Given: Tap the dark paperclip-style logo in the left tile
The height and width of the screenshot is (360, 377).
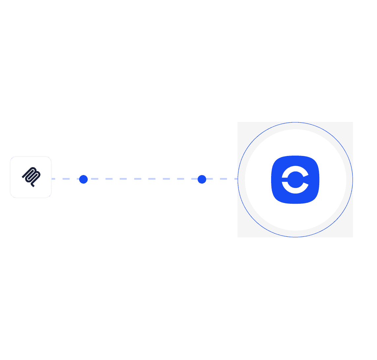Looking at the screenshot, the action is [31, 176].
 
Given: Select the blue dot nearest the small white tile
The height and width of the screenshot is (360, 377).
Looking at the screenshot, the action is [83, 179].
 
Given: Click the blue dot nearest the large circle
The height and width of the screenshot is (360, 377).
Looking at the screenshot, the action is [202, 179].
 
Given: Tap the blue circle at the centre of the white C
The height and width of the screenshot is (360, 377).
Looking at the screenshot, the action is [296, 180].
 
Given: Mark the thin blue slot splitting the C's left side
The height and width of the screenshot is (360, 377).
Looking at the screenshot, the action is [284, 180].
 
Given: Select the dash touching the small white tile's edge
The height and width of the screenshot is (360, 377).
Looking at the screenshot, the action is [53, 179].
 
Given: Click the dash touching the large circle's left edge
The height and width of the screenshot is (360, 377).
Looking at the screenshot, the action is [236, 179].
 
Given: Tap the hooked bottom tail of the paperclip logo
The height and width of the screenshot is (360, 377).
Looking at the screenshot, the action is [33, 186].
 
